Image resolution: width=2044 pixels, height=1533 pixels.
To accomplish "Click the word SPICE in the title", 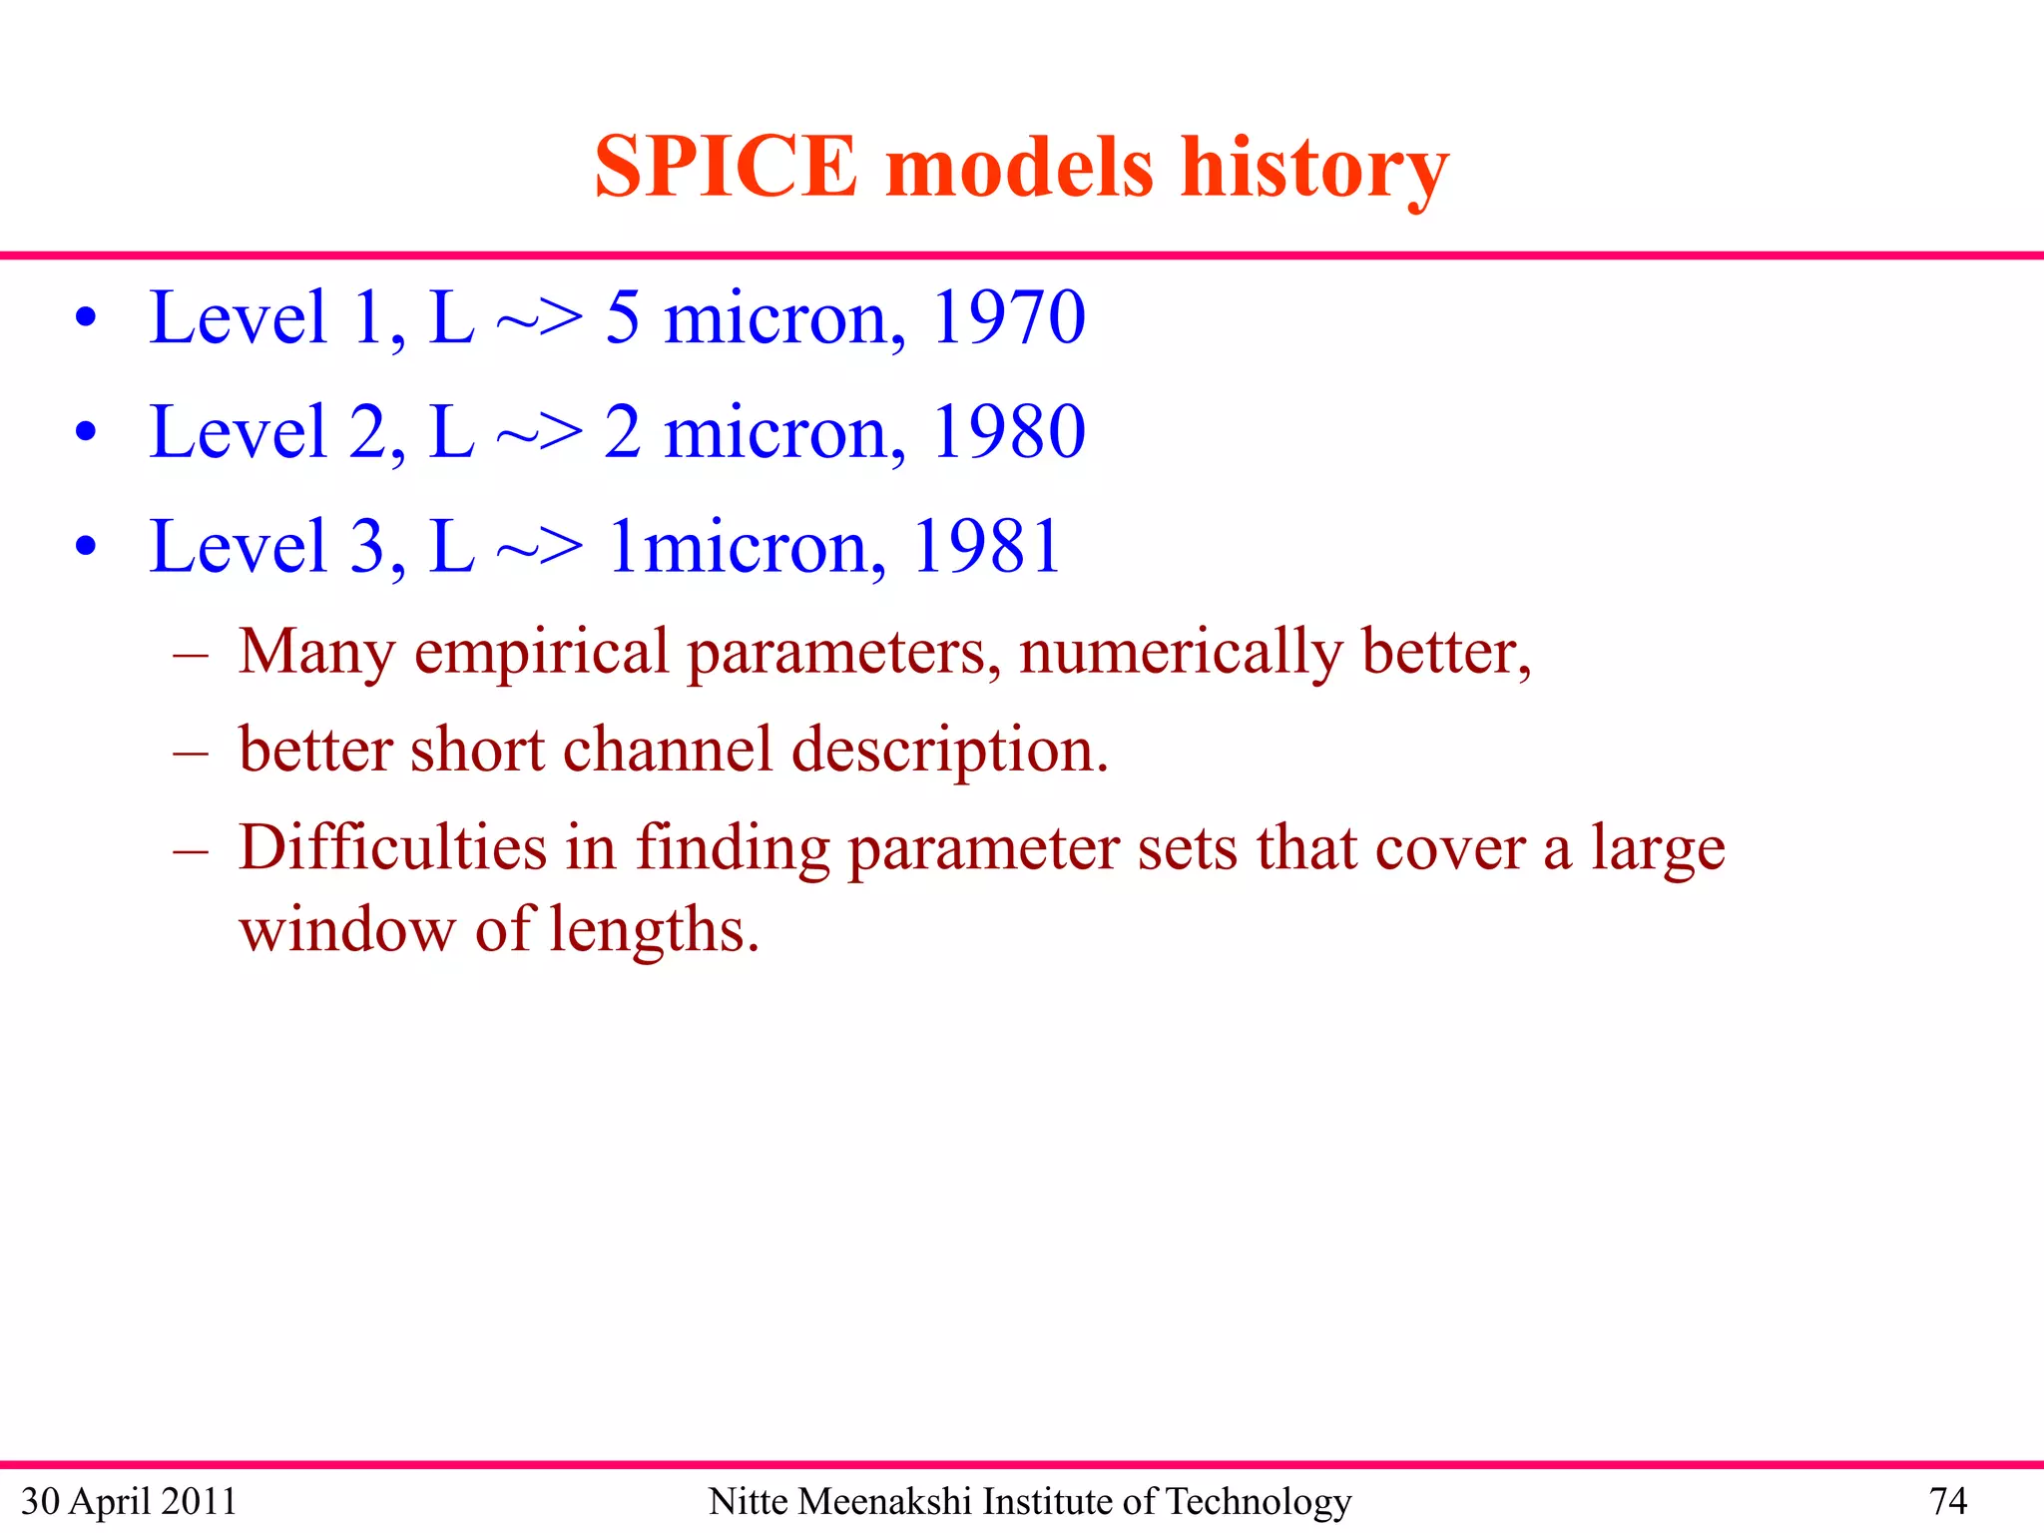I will [726, 167].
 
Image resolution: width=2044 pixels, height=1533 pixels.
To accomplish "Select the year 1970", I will [1008, 317].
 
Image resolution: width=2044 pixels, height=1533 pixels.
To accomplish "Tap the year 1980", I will [1008, 432].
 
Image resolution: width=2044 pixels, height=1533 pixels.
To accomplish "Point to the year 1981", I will [986, 547].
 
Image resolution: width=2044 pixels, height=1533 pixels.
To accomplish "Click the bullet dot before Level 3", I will [86, 547].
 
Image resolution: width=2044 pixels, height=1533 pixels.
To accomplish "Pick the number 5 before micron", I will [622, 317].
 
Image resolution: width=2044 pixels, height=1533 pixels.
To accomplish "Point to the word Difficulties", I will [392, 847].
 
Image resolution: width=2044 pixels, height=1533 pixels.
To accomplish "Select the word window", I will [346, 929].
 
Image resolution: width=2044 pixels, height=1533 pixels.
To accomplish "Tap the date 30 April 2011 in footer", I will [129, 1501].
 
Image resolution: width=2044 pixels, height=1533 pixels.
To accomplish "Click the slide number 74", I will [1947, 1501].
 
